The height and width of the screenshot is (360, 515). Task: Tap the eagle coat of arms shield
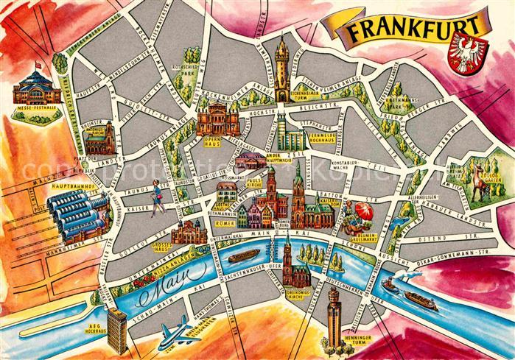[469, 54]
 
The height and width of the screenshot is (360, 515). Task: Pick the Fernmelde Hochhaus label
[323, 137]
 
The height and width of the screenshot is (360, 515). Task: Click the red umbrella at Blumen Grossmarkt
[362, 213]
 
